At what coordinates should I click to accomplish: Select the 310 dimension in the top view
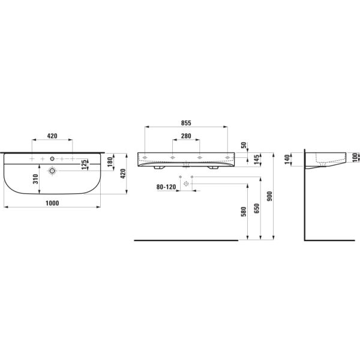(x=36, y=178)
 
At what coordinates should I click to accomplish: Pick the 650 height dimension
(x=257, y=208)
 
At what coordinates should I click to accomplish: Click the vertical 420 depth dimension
(x=124, y=174)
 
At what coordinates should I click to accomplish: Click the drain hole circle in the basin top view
(x=53, y=171)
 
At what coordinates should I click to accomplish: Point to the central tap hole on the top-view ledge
(x=53, y=159)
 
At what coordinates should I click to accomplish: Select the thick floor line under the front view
(x=186, y=240)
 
